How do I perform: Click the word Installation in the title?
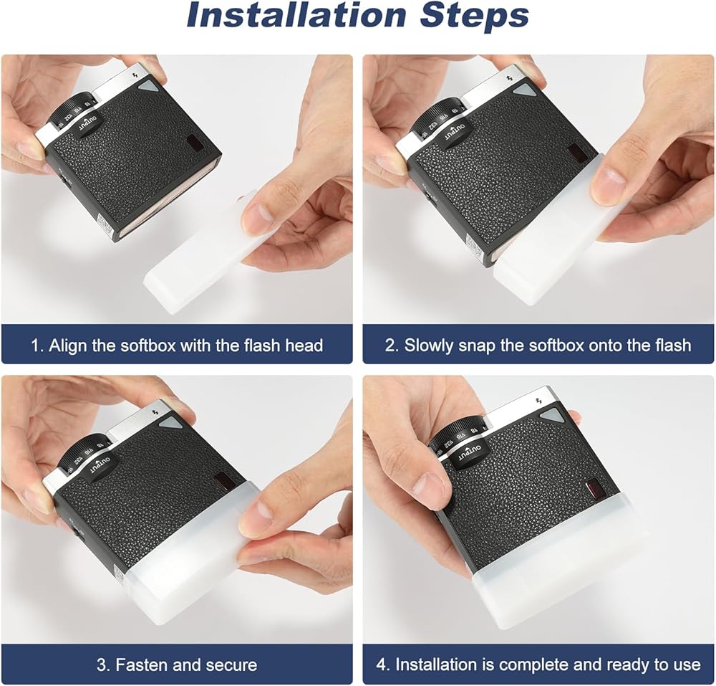(296, 16)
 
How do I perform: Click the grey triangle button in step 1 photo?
(150, 87)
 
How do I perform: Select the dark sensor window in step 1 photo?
(193, 143)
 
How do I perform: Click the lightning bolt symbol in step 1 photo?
(135, 75)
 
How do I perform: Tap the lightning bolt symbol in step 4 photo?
(538, 401)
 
